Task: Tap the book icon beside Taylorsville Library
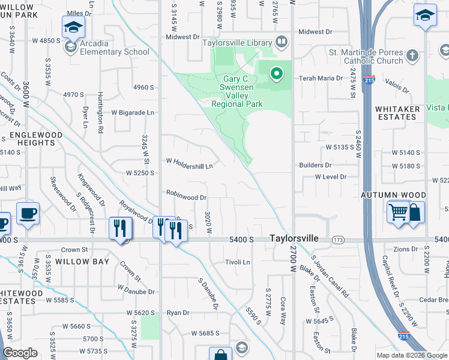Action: coord(282,42)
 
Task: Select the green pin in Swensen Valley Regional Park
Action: coord(276,74)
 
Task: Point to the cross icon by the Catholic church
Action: coord(412,56)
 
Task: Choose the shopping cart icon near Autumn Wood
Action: coord(397,212)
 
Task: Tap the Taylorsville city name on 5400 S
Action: coord(294,238)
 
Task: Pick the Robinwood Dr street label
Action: coord(187,196)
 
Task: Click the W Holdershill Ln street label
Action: coord(189,163)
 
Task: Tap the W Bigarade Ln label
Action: coord(133,112)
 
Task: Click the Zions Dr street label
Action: coord(405,249)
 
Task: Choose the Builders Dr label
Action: coord(316,165)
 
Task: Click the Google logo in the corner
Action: coord(20,353)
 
